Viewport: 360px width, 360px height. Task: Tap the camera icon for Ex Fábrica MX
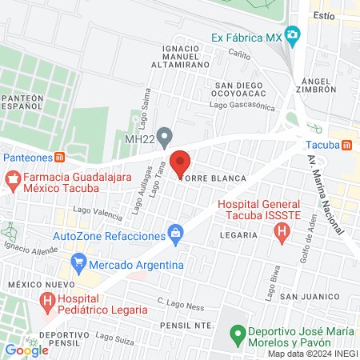(294, 36)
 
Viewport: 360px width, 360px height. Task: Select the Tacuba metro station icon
(346, 145)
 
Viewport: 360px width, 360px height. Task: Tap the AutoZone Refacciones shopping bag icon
(175, 234)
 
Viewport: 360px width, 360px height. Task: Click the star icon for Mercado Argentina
(78, 262)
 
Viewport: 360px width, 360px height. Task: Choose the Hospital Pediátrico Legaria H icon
(48, 301)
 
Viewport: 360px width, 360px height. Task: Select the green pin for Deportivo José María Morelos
(237, 332)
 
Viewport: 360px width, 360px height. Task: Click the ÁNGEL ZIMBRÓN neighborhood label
(323, 86)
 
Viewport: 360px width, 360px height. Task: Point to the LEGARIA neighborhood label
(238, 235)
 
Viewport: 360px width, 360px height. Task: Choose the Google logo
(26, 350)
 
